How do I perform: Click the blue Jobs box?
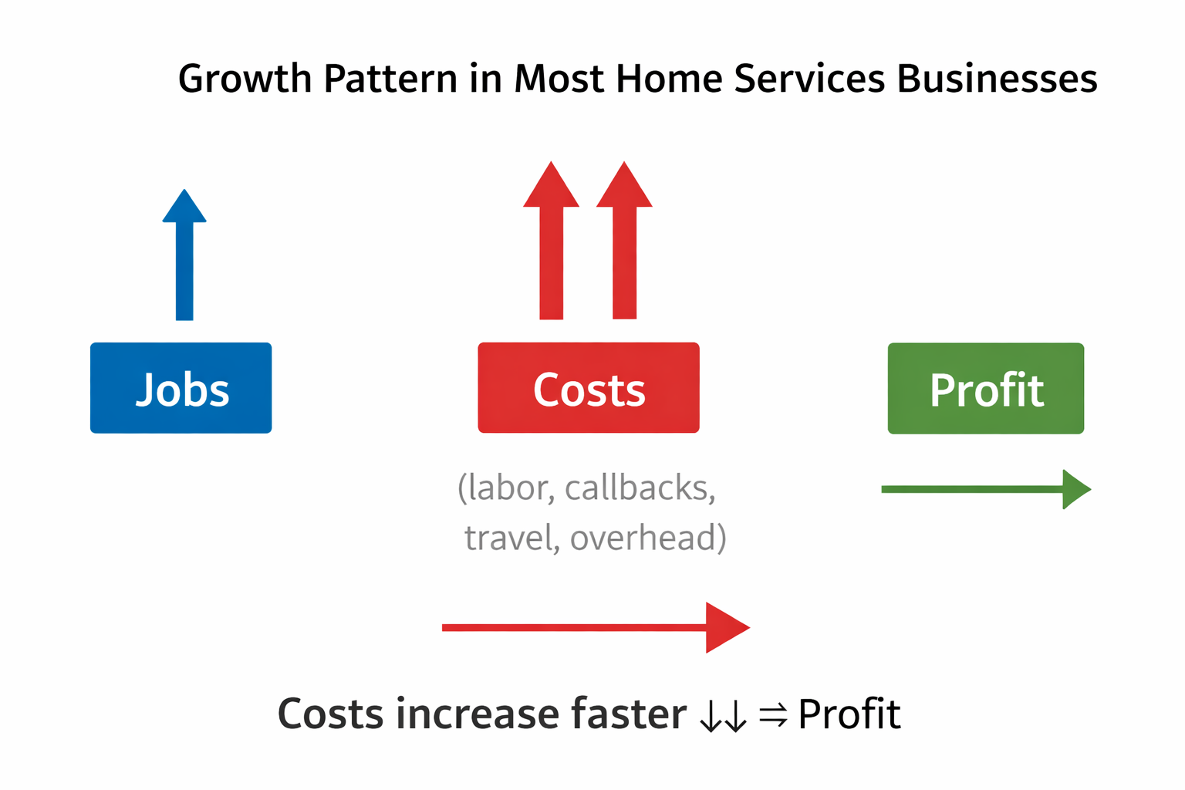coord(181,388)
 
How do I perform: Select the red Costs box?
coord(589,388)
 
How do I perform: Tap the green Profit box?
coord(986,389)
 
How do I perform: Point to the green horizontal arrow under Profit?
coord(985,489)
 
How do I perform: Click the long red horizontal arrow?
coord(594,627)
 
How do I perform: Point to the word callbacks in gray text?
coord(640,488)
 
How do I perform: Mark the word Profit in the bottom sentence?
coord(849,714)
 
